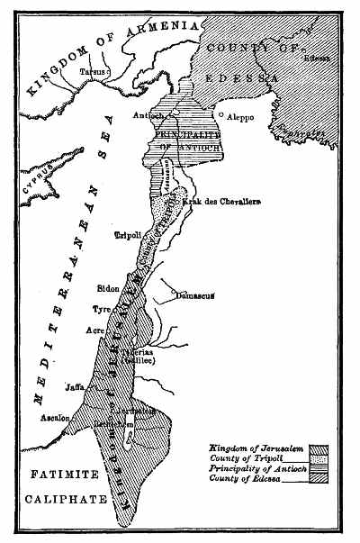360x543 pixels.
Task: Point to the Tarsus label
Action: click(x=91, y=68)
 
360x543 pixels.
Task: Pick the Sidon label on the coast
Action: click(x=110, y=290)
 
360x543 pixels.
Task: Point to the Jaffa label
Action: click(x=75, y=388)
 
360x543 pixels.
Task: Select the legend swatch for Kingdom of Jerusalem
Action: click(x=318, y=448)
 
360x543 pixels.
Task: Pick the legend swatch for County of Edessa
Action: click(x=318, y=478)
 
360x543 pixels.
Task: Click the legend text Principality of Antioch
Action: click(x=254, y=468)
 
